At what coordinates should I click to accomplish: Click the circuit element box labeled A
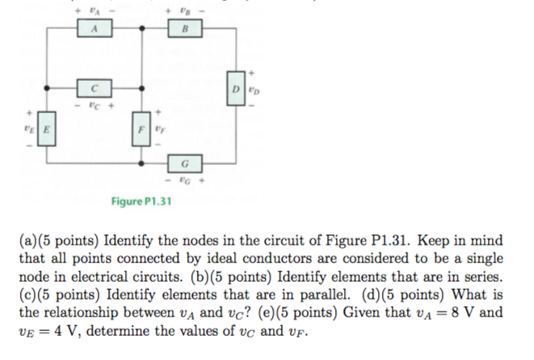click(x=95, y=29)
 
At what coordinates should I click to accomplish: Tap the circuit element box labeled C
click(x=95, y=86)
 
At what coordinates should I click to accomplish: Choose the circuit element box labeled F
click(x=142, y=128)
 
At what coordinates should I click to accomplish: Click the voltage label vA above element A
click(x=95, y=10)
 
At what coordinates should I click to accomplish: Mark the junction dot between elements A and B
click(x=142, y=30)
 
